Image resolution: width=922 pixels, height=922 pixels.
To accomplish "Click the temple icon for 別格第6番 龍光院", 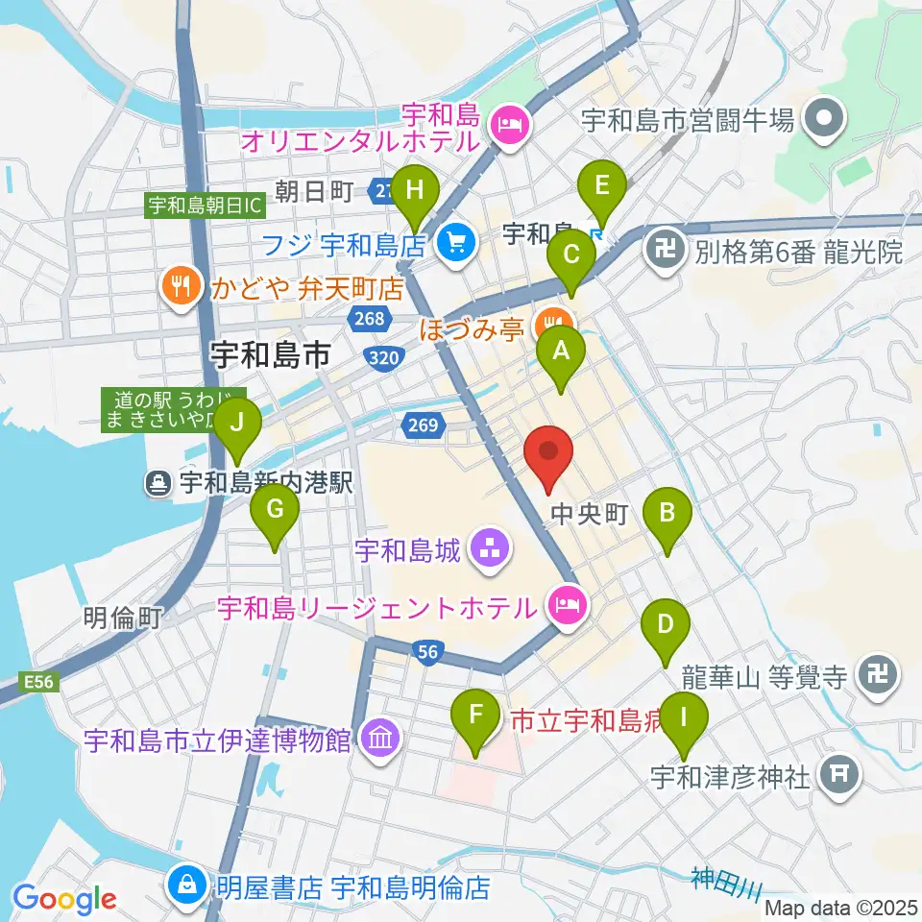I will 664,252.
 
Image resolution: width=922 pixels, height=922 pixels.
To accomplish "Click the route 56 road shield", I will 428,652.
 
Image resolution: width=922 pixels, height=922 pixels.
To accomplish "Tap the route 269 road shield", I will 428,424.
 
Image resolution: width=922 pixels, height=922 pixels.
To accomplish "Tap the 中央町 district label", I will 589,516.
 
